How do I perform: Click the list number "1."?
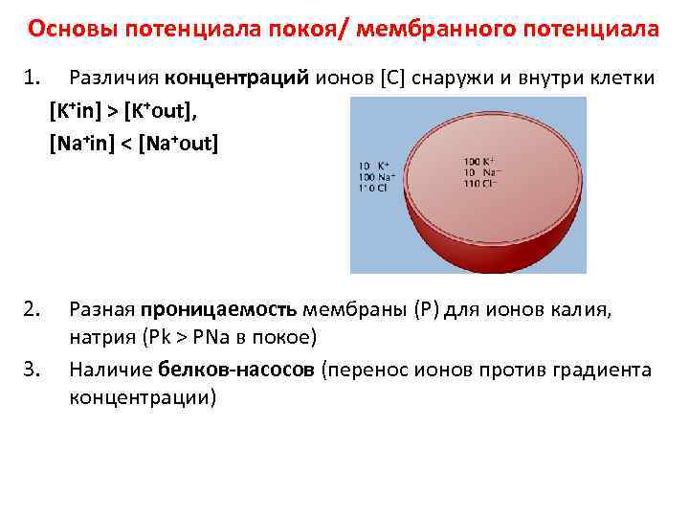coord(32,79)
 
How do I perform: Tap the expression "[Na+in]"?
coord(79,144)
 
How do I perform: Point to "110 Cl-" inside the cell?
coord(480,183)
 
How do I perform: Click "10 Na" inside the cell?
coord(477,171)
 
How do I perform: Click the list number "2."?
coord(32,309)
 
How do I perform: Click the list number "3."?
coord(32,370)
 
